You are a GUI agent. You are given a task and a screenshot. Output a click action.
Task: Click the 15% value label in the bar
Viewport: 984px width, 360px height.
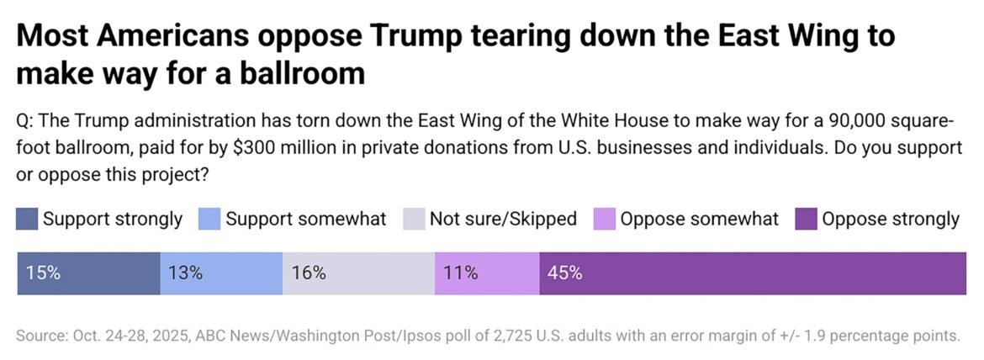(43, 273)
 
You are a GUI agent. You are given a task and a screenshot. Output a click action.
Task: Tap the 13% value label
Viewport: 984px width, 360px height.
(185, 273)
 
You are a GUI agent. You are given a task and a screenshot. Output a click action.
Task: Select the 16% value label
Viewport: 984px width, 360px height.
(308, 273)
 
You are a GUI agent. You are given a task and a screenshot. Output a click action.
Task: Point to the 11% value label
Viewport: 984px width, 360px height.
(460, 273)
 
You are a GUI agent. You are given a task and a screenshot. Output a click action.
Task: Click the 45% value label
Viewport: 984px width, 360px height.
(564, 273)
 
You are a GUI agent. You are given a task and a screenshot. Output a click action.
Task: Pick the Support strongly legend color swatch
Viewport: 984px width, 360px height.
(27, 220)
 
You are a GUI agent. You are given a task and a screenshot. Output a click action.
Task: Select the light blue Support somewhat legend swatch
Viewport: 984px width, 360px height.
(209, 220)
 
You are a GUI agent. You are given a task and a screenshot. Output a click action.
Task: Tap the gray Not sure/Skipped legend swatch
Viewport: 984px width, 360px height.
(413, 220)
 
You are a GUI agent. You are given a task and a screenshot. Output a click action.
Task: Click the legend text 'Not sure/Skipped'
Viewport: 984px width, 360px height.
(503, 220)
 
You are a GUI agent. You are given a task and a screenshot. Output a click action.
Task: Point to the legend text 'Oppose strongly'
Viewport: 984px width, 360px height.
(891, 220)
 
